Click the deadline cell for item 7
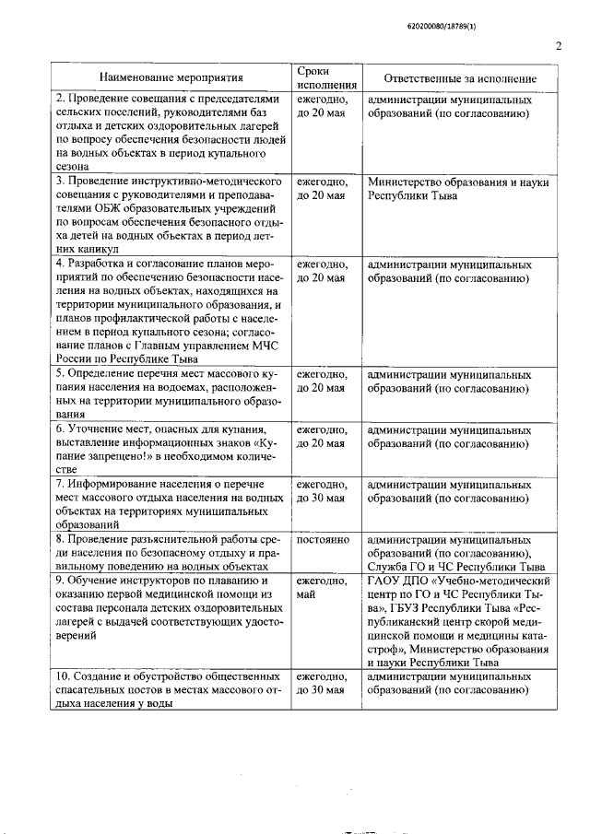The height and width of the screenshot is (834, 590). click(x=321, y=491)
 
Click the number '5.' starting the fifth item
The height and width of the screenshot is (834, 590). click(x=62, y=375)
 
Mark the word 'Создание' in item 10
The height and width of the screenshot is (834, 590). click(x=96, y=676)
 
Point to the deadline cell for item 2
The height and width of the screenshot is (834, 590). click(x=321, y=106)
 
